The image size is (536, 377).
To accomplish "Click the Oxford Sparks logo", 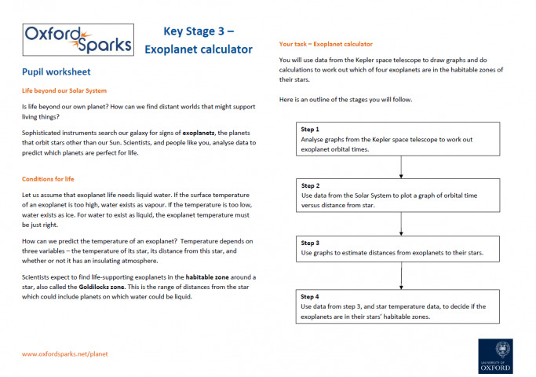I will pyautogui.click(x=77, y=38).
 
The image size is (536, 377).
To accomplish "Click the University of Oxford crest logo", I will pyautogui.click(x=494, y=357).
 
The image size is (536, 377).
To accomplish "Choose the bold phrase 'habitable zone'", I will pyautogui.click(x=208, y=277).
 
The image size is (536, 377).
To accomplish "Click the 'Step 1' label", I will pyautogui.click(x=310, y=129).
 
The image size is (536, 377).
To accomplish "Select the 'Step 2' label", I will pyautogui.click(x=310, y=185).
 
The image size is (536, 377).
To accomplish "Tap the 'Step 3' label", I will pyautogui.click(x=310, y=243).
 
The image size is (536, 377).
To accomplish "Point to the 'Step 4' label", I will pyautogui.click(x=310, y=297).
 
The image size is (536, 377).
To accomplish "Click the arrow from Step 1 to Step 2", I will pyautogui.click(x=401, y=165).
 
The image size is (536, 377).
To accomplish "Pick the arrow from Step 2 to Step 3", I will pyautogui.click(x=401, y=222).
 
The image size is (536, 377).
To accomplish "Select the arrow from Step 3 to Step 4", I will pyautogui.click(x=401, y=277).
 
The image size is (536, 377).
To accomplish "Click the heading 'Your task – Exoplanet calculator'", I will pyautogui.click(x=326, y=44).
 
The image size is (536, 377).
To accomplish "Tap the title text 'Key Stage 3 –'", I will pyautogui.click(x=199, y=32).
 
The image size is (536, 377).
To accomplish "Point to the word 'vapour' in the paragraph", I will pyautogui.click(x=151, y=203).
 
